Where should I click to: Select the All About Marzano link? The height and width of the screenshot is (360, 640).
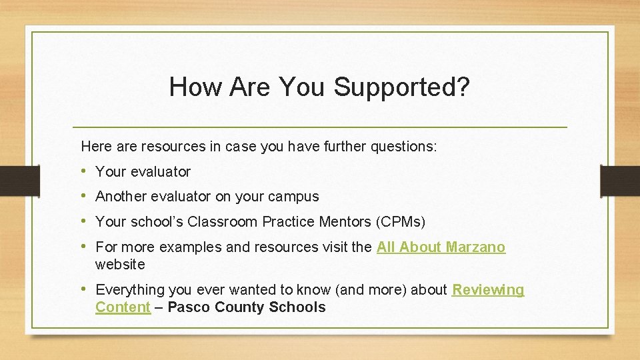tap(441, 247)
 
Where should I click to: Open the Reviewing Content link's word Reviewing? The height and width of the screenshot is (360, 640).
tap(489, 290)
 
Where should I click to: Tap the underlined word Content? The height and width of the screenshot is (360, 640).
tap(123, 307)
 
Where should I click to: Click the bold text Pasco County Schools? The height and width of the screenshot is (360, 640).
tap(247, 307)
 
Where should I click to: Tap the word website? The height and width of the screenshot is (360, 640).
tap(120, 265)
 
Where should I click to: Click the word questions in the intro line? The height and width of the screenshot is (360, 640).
tap(407, 147)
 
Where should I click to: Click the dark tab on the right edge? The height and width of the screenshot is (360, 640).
tap(620, 181)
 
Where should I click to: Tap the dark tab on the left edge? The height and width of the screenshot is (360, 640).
tap(12, 181)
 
